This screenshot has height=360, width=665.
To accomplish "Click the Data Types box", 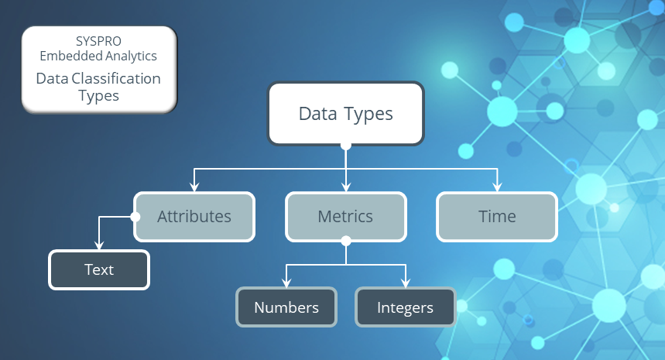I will point(345,114).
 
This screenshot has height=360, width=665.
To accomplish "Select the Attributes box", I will point(194,216).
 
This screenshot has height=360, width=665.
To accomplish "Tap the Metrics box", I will point(345,216).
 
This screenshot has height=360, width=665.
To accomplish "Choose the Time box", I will point(497,216).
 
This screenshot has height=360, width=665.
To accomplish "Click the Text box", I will point(99,269).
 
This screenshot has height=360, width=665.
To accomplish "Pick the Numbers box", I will point(286,307).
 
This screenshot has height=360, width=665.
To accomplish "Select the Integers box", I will point(405,307).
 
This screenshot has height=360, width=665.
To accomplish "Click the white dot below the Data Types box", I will point(346,146).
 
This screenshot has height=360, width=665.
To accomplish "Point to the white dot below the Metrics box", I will point(346,241).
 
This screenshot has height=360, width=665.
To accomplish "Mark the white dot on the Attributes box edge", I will point(135,217).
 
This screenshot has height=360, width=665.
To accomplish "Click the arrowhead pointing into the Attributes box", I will point(194,187).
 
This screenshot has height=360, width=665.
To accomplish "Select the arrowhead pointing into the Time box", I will point(496,187).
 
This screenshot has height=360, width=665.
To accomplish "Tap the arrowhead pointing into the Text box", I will point(99,245).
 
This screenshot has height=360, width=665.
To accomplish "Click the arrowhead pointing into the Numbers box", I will point(286,283).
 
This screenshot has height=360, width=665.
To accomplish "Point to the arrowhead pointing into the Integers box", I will point(405,283).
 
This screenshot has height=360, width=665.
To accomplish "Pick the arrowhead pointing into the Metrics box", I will point(346,187).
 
